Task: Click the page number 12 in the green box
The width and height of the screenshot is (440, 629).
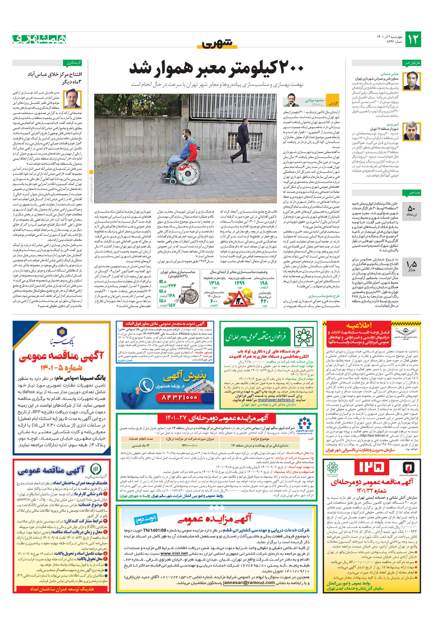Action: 413,39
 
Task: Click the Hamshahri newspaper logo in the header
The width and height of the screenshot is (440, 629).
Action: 39,39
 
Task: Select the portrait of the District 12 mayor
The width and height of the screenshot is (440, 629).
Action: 413,131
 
